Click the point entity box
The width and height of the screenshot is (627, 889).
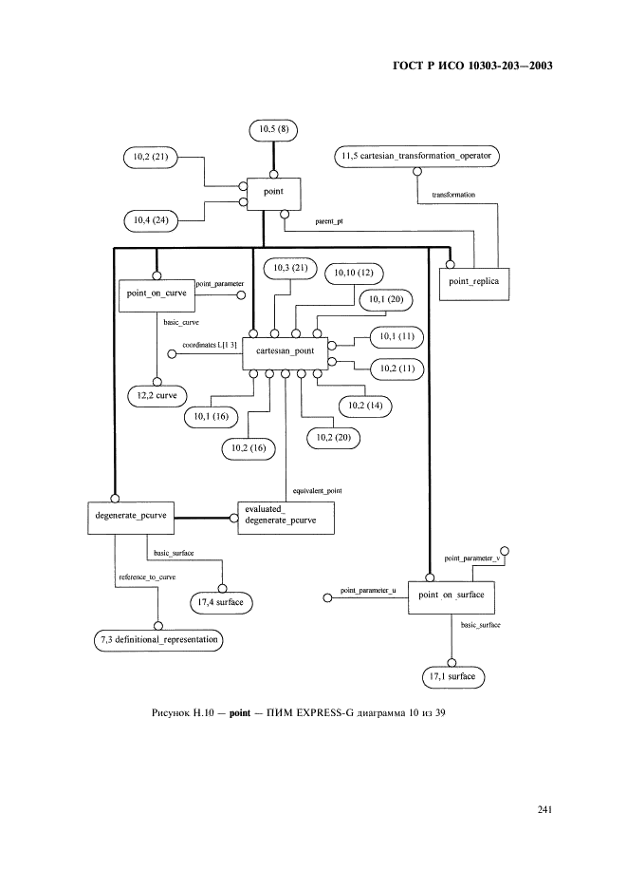click(275, 194)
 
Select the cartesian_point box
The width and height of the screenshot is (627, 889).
click(285, 352)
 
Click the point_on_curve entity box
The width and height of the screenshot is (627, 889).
click(156, 294)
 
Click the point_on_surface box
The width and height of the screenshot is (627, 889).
click(452, 596)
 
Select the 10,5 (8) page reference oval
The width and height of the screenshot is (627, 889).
click(275, 127)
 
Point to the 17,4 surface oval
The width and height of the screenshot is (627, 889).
click(223, 601)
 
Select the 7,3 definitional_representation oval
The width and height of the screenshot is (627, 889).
click(158, 639)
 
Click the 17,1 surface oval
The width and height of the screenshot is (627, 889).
click(452, 677)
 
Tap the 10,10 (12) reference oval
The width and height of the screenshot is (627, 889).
click(352, 274)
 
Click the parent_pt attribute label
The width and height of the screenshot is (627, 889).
click(329, 221)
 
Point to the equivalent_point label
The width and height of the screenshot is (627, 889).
click(317, 490)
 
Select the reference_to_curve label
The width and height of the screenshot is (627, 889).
click(147, 577)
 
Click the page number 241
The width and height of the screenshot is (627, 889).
click(544, 809)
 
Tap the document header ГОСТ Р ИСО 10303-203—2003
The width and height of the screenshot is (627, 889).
click(470, 66)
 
